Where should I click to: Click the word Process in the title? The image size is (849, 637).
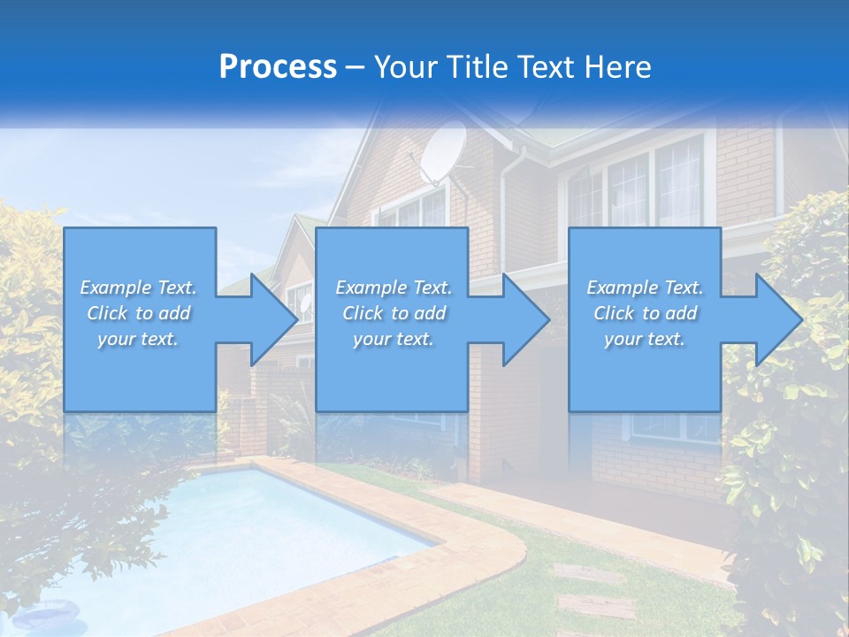[x=278, y=67]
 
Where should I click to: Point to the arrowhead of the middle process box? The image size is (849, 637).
[x=524, y=319]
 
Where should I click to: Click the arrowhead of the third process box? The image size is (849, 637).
[x=777, y=319]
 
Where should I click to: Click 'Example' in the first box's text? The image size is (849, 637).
[x=115, y=288]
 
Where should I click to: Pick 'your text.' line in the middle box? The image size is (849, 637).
[x=393, y=339]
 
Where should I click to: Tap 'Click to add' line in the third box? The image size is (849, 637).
[x=645, y=313]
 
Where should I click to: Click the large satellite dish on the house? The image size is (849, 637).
[x=442, y=152]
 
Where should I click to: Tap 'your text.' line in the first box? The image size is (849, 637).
[x=138, y=339]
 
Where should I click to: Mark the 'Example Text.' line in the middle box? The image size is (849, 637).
[x=393, y=288]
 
